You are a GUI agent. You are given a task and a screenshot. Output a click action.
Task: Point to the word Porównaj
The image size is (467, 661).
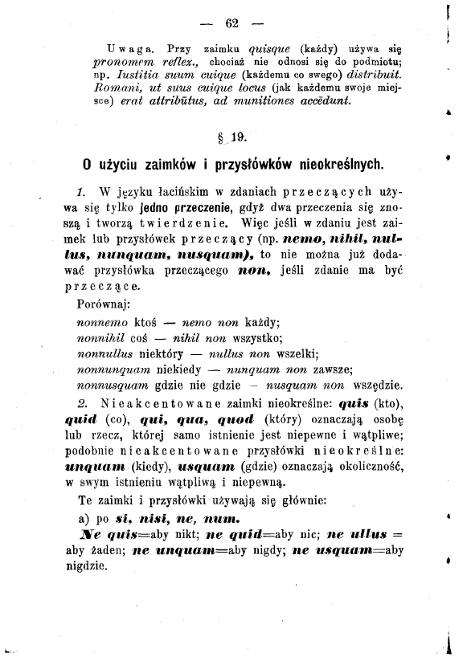105,305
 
